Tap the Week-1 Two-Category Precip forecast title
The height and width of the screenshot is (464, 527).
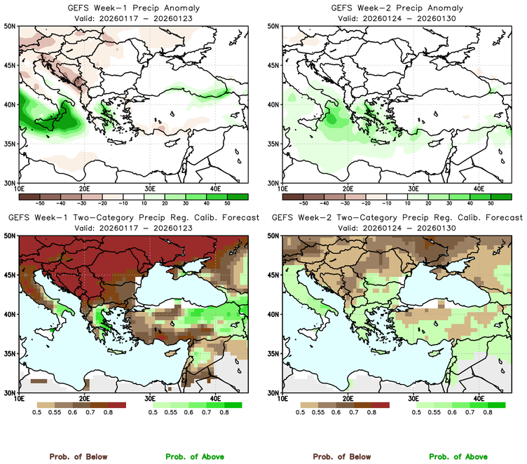133,218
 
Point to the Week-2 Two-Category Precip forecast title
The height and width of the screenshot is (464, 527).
397,218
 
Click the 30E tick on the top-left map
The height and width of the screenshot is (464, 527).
150,189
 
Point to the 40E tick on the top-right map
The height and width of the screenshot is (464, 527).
479,189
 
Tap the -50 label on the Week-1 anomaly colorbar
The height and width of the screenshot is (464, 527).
39,201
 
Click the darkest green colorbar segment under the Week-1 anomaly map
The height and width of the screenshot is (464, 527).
238,194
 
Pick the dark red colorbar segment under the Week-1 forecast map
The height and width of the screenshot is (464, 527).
117,405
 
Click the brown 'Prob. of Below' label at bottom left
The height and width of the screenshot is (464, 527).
78,456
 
